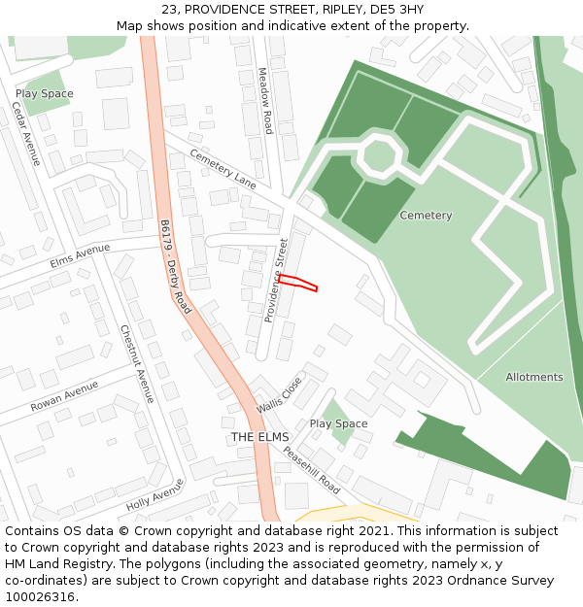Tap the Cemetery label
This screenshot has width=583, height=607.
[426, 216]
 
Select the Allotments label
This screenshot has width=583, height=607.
[533, 377]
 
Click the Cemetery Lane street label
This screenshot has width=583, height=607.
[223, 168]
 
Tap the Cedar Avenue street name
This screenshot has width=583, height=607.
[26, 133]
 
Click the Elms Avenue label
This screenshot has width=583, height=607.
[80, 256]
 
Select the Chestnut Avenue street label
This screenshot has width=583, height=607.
[137, 363]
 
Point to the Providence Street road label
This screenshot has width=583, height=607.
[275, 282]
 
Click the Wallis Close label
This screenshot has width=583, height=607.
[280, 395]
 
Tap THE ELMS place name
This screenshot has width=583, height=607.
[259, 437]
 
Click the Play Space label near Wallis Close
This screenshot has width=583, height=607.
[338, 423]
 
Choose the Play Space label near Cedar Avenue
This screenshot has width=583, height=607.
[44, 93]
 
